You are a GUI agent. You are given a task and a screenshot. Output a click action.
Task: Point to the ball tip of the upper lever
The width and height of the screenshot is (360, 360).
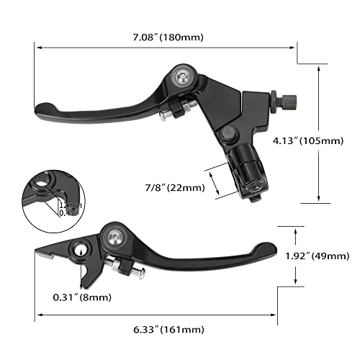click(43, 110)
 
